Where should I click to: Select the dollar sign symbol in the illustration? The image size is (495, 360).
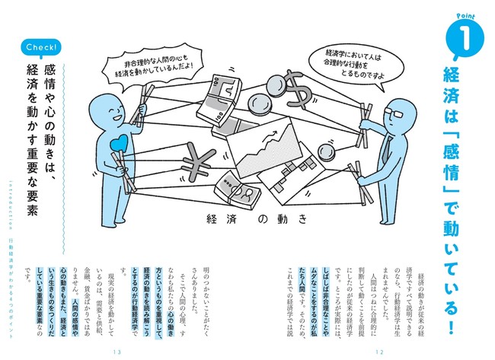tap(301, 93)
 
